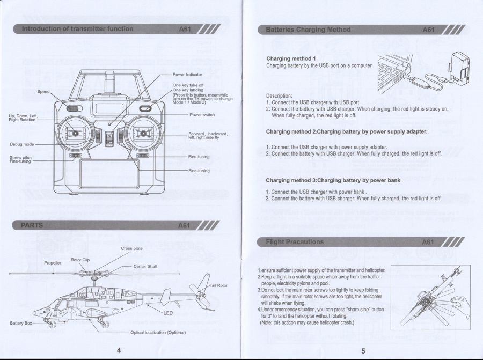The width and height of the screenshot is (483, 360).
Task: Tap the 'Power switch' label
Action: tap(202, 115)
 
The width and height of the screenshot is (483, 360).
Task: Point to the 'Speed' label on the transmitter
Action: tap(43, 92)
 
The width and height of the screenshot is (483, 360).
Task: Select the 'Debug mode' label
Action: tap(22, 144)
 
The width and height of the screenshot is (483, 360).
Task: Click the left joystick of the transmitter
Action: tap(76, 133)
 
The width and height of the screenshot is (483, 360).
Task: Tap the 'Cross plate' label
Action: tap(131, 249)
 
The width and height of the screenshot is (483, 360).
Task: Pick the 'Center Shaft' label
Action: tap(145, 266)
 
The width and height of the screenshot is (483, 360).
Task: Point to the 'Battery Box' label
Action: tap(21, 324)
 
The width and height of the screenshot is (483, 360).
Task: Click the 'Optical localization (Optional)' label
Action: tap(158, 332)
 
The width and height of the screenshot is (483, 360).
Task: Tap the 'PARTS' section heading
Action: tap(32, 225)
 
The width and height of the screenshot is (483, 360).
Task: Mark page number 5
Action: tap(363, 351)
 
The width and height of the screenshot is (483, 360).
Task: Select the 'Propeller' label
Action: tap(53, 263)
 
